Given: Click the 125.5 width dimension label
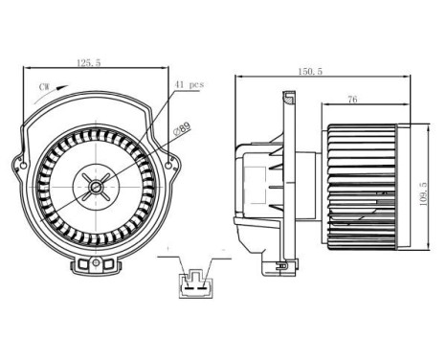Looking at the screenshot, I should [90, 64].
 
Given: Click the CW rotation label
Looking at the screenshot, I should [44, 86].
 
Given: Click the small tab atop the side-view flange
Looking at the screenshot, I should [289, 96].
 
